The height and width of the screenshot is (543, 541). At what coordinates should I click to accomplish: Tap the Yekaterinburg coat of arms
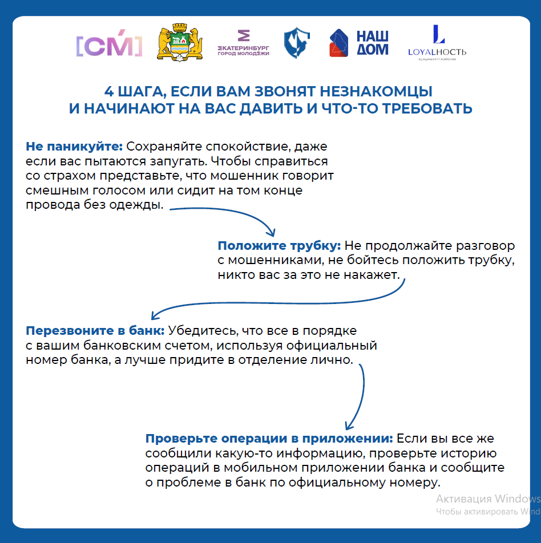click(180, 43)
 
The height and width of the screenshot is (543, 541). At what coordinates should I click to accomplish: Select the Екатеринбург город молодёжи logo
click(243, 43)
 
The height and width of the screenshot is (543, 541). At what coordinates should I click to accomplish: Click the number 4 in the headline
click(110, 92)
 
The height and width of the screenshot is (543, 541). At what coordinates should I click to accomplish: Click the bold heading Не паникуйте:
click(74, 147)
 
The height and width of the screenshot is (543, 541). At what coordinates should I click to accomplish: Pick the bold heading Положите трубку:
click(279, 246)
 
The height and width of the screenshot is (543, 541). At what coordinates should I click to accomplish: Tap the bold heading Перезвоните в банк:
click(95, 331)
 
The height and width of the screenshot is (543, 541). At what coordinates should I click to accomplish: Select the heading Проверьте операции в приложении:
click(269, 439)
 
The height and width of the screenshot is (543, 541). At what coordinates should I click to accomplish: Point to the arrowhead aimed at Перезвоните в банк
click(154, 315)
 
